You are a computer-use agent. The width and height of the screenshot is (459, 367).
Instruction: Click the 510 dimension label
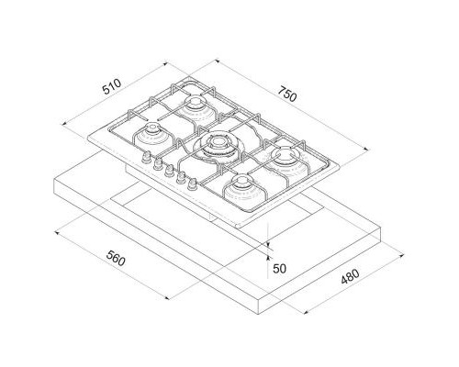pyautogui.click(x=112, y=87)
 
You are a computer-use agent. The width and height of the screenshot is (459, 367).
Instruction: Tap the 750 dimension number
pyautogui.click(x=287, y=94)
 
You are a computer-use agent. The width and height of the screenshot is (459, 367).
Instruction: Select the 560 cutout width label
pyautogui.click(x=116, y=258)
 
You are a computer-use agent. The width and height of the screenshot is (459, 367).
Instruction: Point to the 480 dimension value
pyautogui.click(x=350, y=276)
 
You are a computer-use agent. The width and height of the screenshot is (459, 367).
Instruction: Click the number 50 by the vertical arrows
pyautogui.click(x=279, y=269)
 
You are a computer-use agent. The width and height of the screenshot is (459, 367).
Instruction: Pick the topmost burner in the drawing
pyautogui.click(x=195, y=107)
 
